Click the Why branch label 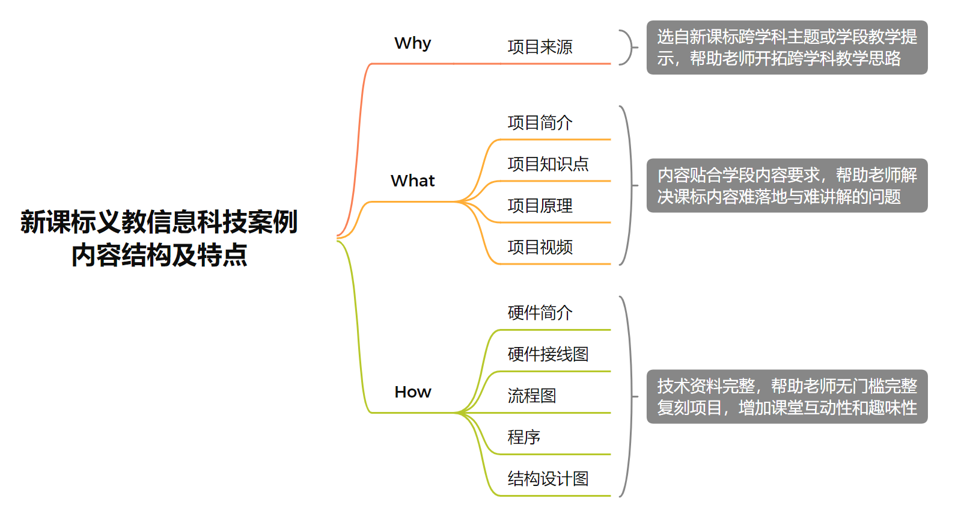tap(413, 43)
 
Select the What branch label tap(413, 181)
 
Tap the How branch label tap(413, 392)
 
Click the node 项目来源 tap(540, 48)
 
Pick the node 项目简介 tap(540, 123)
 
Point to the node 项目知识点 tap(548, 164)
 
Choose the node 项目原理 tap(540, 206)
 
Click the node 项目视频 tap(540, 247)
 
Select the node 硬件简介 tap(540, 313)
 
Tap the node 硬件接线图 tap(548, 354)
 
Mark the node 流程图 tap(532, 396)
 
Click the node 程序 tap(524, 437)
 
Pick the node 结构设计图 tap(548, 479)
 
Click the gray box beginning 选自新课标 tap(787, 48)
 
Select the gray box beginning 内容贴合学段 tap(787, 185)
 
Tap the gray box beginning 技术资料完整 tap(787, 397)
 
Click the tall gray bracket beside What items tap(630, 185)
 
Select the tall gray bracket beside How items tap(630, 397)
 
